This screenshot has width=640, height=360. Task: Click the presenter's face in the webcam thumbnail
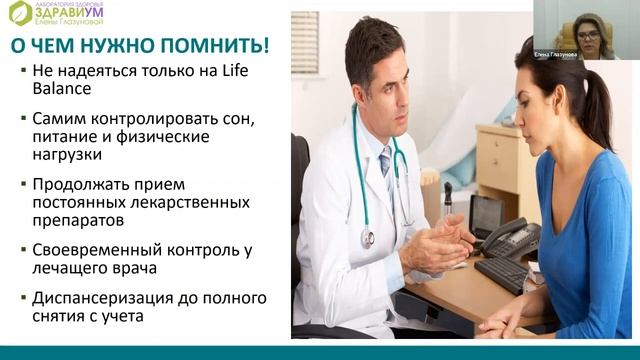588,35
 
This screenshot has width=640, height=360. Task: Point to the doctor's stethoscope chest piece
368,238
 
